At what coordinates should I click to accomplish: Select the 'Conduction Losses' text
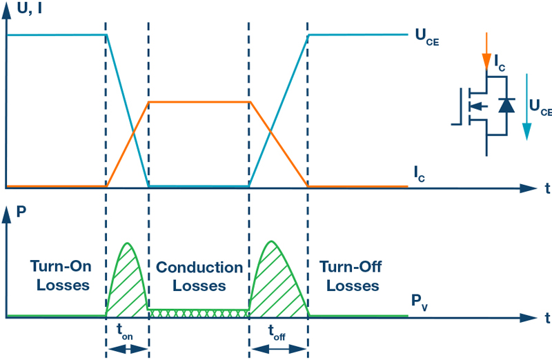coord(199,276)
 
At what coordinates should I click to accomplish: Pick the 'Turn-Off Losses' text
coord(352,275)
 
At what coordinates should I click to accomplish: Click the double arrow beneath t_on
coord(128,349)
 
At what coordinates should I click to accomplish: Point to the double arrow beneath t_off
coord(277,349)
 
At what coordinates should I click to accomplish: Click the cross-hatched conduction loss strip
coord(199,313)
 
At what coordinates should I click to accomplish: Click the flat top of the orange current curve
coord(199,102)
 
